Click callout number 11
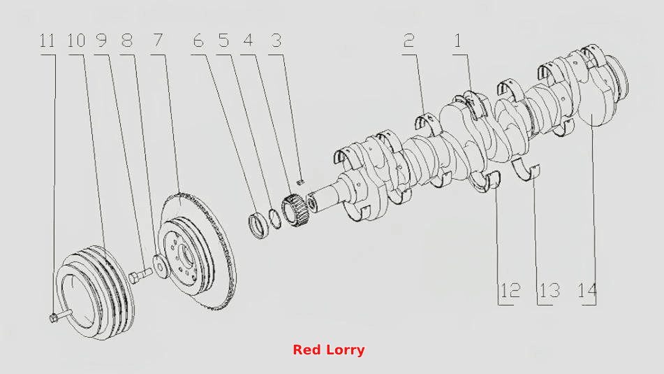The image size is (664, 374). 47,41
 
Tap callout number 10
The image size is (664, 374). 76,41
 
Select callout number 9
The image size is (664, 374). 101,41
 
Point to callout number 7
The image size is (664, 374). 158,41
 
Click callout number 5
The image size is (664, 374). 223,41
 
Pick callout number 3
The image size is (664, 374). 276,41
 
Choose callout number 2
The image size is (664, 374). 408,41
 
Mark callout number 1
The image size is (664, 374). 457,41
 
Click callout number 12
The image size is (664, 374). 510,291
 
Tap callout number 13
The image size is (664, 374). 549,291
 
